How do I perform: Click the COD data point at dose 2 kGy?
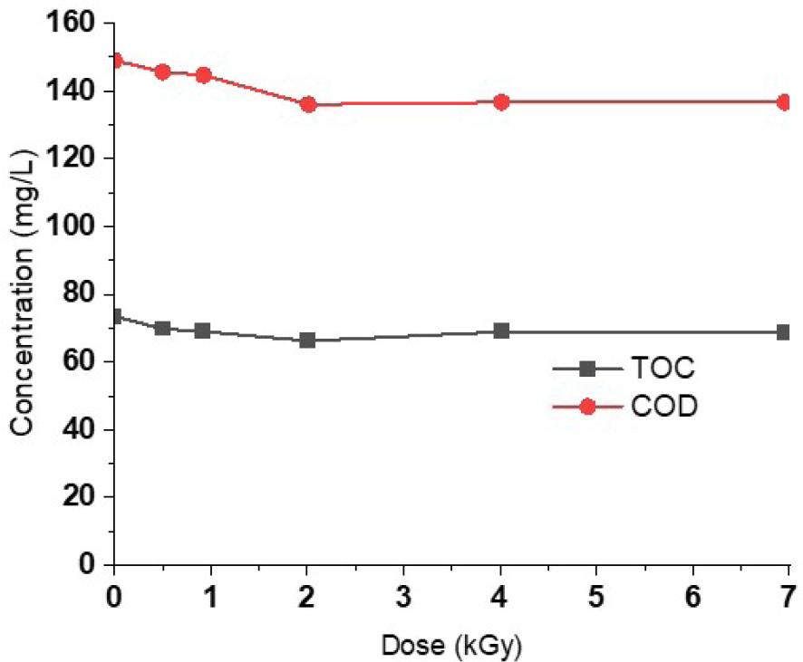click(x=308, y=104)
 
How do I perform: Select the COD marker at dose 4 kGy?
click(x=501, y=102)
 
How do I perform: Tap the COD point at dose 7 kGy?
click(x=784, y=102)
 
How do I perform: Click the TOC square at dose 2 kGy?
click(x=308, y=340)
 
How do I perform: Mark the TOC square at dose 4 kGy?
click(x=501, y=331)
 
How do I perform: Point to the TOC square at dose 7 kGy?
click(x=784, y=332)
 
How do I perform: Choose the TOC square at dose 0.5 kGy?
click(x=162, y=328)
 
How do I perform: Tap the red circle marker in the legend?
click(x=586, y=408)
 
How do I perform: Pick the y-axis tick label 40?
click(x=82, y=429)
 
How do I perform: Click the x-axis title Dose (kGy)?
click(x=451, y=646)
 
